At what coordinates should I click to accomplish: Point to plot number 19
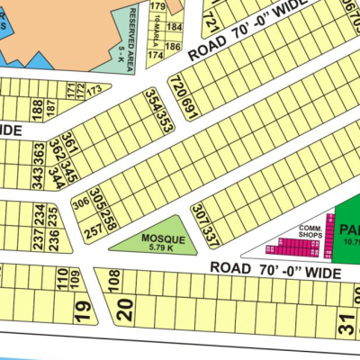82,311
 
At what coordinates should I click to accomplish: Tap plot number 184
173,31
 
